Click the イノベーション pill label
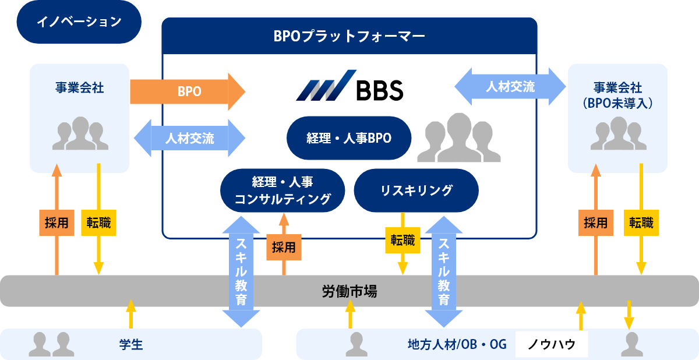coord(79,22)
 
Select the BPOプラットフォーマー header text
coord(349,36)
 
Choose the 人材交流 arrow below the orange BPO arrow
coord(189,138)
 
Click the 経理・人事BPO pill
coord(349,138)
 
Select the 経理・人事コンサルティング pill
coord(283,190)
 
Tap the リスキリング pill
coord(416,190)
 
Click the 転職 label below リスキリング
coord(403,240)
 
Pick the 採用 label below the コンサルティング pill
coord(284,246)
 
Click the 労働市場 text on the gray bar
coord(349,291)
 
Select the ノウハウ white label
coord(551,344)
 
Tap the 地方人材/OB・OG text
coord(457,344)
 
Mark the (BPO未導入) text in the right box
coord(617,103)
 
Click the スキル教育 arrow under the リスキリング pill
coord(444,271)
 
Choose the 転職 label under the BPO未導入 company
coord(641,223)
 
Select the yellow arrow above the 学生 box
coord(131,314)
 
